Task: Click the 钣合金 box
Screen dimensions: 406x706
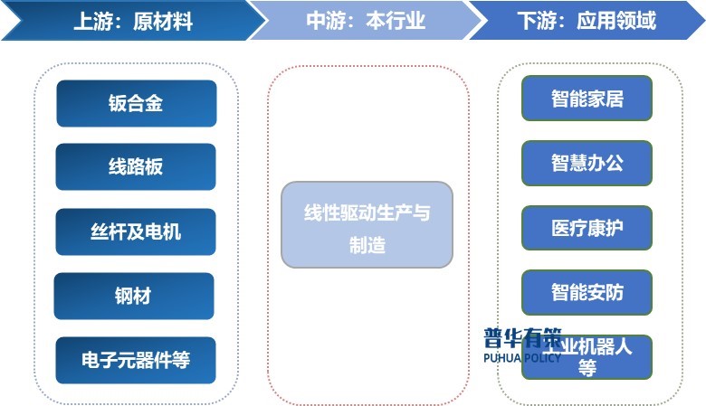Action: tap(136, 103)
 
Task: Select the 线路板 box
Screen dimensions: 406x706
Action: tap(136, 167)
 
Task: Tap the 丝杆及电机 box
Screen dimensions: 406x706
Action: tap(136, 232)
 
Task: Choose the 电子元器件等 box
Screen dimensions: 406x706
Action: tap(136, 360)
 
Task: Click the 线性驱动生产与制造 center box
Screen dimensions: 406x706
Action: tap(367, 225)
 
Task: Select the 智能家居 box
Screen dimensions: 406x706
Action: tap(587, 98)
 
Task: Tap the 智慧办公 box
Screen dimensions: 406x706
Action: tap(587, 163)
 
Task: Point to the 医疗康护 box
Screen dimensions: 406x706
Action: tap(587, 228)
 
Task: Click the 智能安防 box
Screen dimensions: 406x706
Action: tap(587, 292)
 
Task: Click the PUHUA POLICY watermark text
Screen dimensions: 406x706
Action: tap(523, 358)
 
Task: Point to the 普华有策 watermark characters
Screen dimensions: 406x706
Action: tap(521, 338)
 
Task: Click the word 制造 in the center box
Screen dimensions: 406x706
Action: tap(367, 244)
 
